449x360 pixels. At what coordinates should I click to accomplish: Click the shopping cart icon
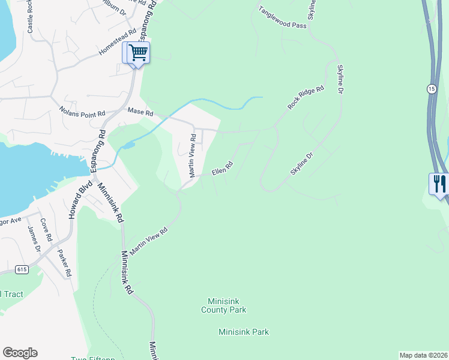click(137, 53)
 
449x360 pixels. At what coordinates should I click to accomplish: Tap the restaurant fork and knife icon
click(439, 183)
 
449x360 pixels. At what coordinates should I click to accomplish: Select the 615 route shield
click(22, 269)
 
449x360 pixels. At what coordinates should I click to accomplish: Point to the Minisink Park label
click(244, 332)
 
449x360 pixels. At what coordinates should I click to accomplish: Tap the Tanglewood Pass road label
click(283, 17)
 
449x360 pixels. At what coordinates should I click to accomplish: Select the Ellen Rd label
click(221, 168)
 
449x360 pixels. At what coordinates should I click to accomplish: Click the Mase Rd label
click(140, 112)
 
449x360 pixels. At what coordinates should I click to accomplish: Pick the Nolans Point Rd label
click(82, 112)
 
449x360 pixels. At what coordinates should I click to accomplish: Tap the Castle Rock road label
click(31, 20)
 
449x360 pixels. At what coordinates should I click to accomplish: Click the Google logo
click(20, 353)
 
